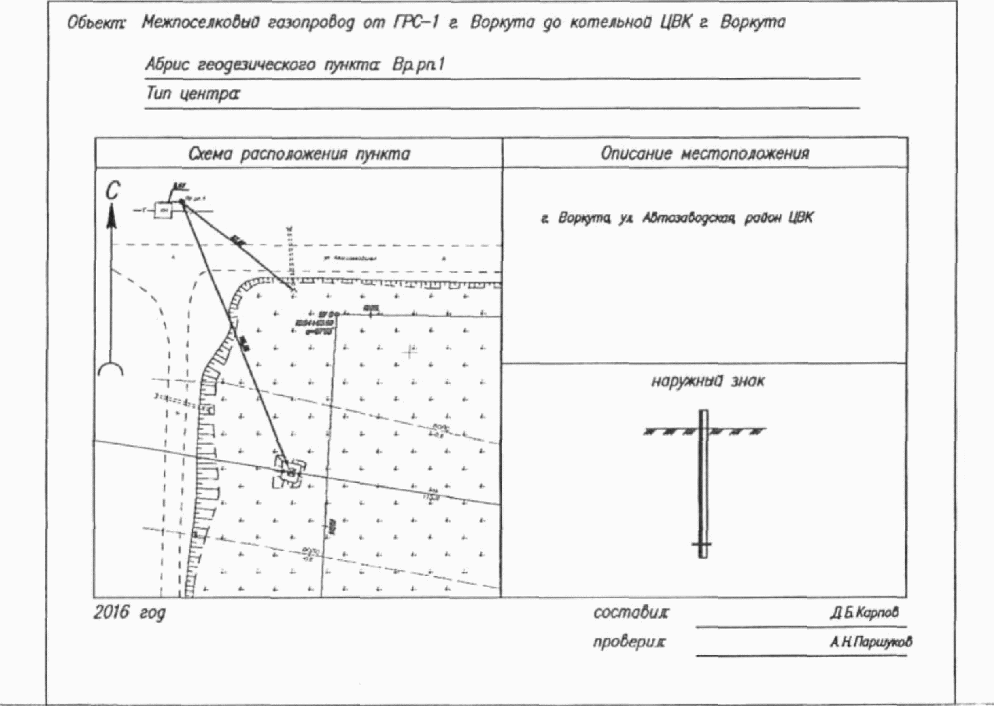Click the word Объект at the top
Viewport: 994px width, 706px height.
point(96,23)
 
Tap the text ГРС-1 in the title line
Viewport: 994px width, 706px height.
point(416,22)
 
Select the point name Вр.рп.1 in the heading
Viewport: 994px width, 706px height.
point(418,64)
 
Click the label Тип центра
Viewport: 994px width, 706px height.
point(192,94)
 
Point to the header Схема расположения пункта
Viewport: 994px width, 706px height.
point(299,154)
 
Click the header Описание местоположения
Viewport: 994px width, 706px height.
point(704,153)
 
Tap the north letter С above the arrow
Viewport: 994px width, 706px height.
point(112,191)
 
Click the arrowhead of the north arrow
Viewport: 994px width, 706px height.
point(111,216)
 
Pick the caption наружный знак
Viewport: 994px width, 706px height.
point(707,381)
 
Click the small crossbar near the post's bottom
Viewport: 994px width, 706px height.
point(702,545)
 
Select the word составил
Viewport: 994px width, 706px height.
point(630,613)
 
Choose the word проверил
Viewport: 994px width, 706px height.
point(629,642)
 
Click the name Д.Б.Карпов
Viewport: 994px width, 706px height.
point(864,613)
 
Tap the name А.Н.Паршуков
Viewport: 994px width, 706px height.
point(871,642)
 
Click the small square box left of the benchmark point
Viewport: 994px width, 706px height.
point(163,210)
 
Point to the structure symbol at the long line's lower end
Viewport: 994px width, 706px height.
point(290,472)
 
